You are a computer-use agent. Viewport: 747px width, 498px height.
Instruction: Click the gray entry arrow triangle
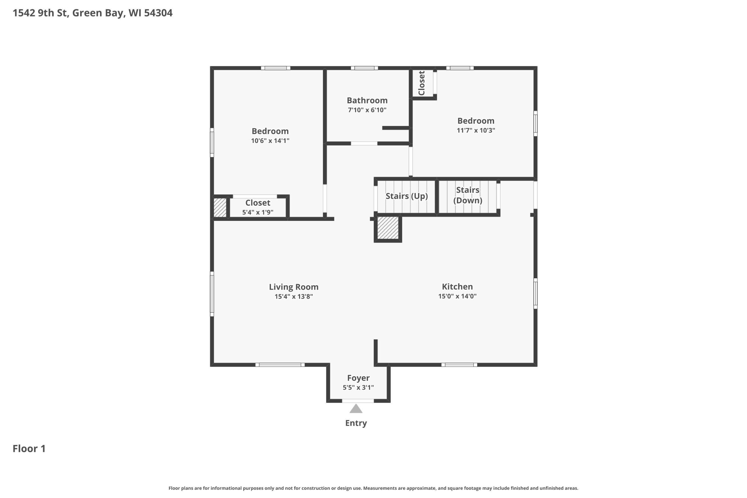coord(356,409)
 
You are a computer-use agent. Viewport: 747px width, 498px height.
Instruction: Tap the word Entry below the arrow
coord(356,423)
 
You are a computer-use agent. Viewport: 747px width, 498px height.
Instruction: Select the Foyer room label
coord(358,378)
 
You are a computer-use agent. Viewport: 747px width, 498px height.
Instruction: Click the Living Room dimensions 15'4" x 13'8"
coord(294,296)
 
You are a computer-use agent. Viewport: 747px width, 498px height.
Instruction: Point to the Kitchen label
coord(457,286)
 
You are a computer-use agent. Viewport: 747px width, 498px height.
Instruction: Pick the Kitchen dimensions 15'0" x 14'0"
coord(457,296)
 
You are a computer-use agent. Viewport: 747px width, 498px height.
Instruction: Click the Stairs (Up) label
coord(406,196)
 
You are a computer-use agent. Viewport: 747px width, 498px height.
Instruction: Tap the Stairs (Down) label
coord(468,195)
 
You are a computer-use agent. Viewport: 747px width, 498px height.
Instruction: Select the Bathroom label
coord(367,100)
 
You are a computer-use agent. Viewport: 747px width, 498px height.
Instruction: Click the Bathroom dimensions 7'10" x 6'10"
coord(367,110)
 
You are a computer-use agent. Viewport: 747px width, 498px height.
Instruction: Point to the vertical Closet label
coord(421,83)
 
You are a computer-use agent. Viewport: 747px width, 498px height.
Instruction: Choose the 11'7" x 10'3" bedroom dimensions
coord(476,130)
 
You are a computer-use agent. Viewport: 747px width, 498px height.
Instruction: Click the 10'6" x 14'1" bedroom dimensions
coord(270,141)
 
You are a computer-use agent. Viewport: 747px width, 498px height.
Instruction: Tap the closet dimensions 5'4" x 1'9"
coord(258,212)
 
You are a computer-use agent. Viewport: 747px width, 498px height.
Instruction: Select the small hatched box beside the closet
coord(220,208)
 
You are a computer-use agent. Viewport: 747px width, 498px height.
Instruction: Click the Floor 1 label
coord(29,448)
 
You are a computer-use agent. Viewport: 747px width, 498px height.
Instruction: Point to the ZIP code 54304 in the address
coord(158,13)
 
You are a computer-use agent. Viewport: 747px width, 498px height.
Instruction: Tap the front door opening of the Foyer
coord(358,401)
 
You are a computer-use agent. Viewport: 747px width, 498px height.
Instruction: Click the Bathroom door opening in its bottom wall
coord(364,144)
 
